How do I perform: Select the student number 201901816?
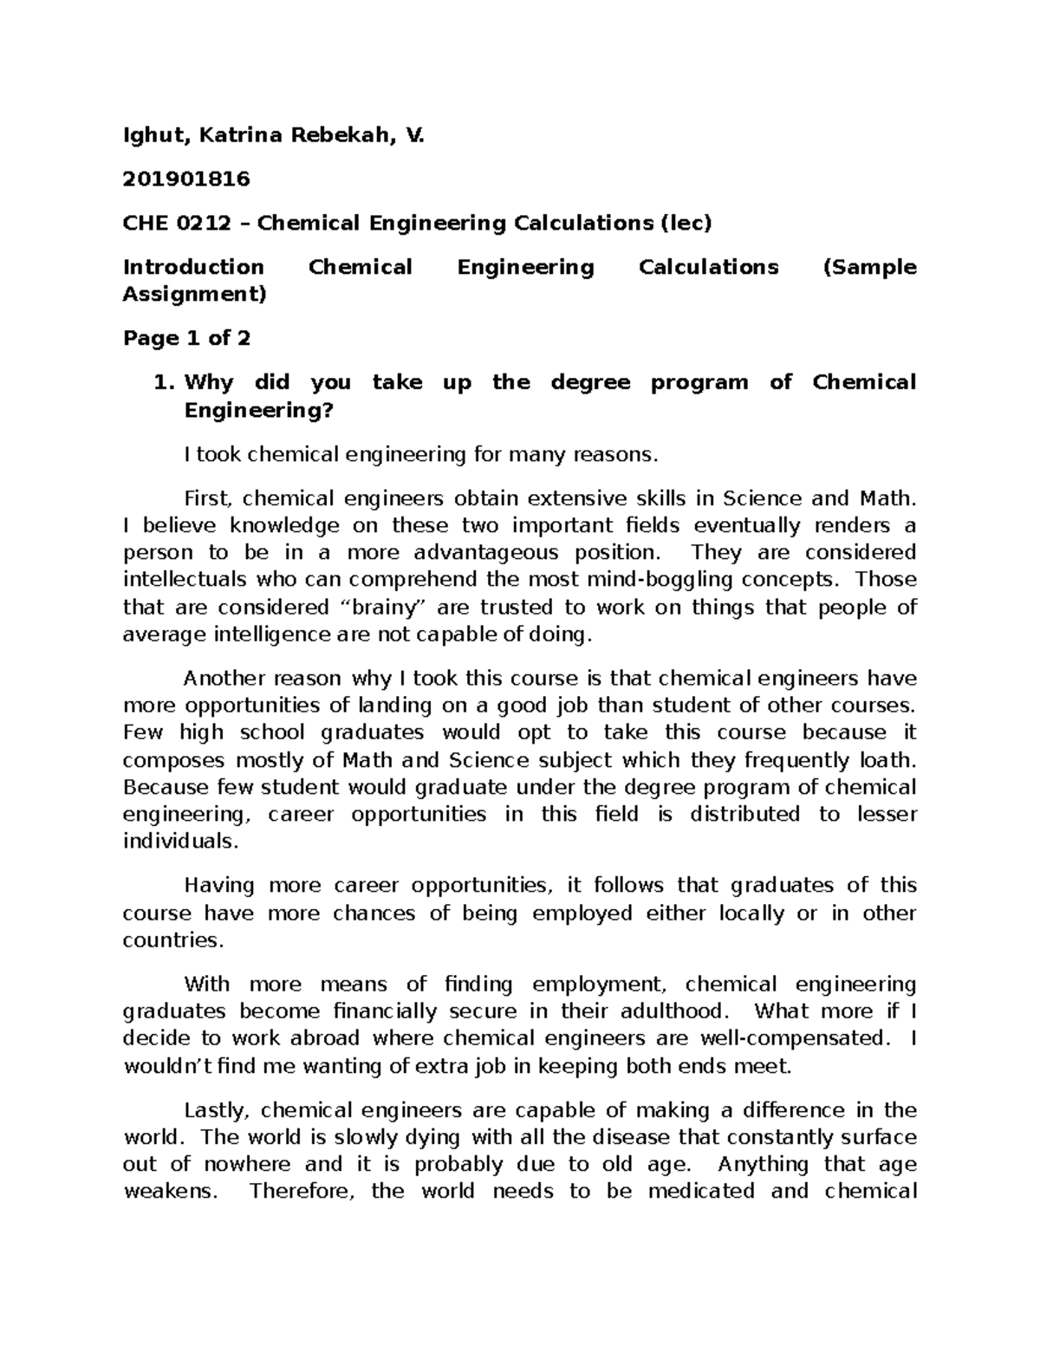pyautogui.click(x=186, y=179)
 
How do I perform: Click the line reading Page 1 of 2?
pyautogui.click(x=186, y=338)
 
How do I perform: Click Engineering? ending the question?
pyautogui.click(x=258, y=410)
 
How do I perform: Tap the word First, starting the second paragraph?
pyautogui.click(x=210, y=498)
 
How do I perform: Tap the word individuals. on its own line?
pyautogui.click(x=179, y=841)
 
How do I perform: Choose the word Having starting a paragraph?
pyautogui.click(x=218, y=885)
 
